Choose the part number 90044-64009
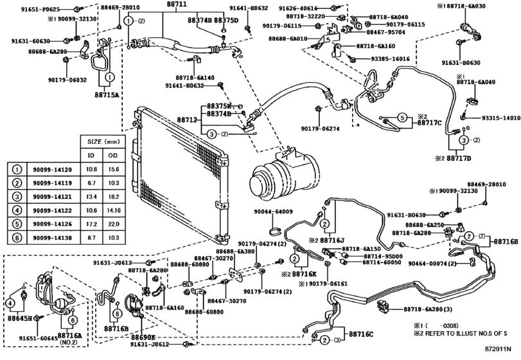pos(273,212)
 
